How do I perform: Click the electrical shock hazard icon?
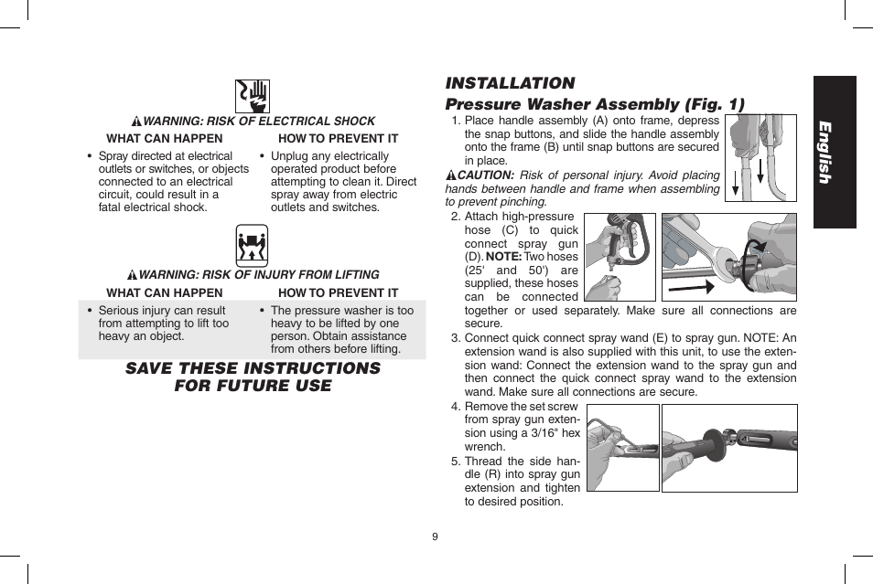253,95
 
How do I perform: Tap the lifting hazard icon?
252,246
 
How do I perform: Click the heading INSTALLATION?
510,83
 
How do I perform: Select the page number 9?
436,536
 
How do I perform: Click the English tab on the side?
833,152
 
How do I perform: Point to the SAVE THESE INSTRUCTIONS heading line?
253,368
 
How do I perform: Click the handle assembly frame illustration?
760,157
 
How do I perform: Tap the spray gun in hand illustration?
620,257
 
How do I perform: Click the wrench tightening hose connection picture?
728,257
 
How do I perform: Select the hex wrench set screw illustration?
622,448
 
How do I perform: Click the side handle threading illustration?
728,448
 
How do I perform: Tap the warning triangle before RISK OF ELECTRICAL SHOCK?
136,122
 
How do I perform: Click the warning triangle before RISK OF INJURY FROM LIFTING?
133,275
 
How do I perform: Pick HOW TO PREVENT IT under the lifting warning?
338,292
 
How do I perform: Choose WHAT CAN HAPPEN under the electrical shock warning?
165,138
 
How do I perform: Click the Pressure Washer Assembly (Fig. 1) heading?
595,104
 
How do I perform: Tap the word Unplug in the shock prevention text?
288,156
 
